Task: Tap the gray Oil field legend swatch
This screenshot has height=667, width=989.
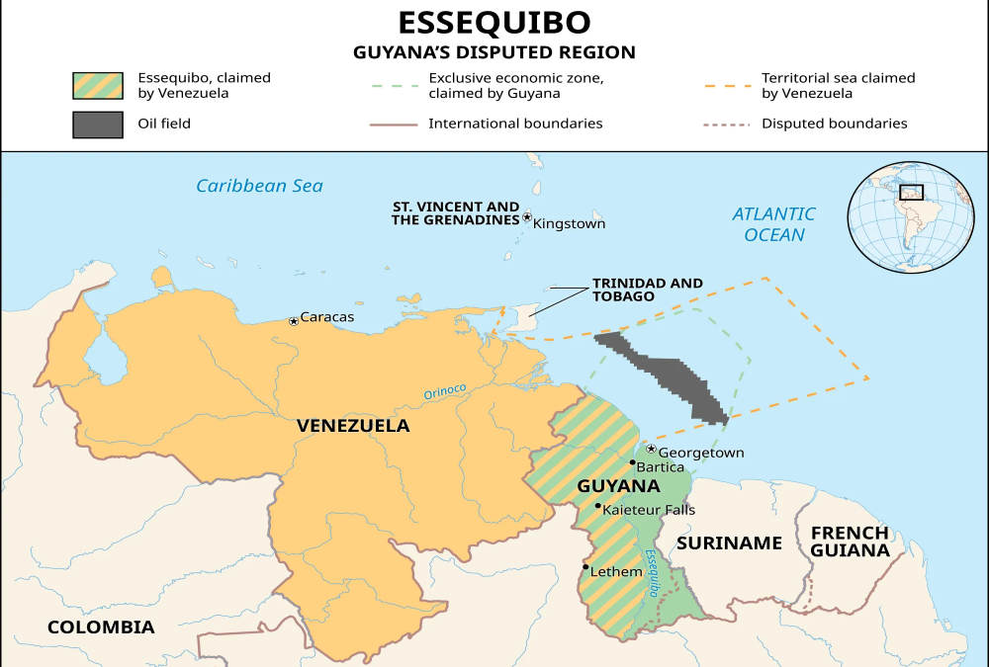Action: point(97,125)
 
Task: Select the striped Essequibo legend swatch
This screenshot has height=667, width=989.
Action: point(97,86)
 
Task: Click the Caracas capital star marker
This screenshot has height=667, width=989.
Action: point(294,321)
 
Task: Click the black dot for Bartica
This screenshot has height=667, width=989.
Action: point(632,462)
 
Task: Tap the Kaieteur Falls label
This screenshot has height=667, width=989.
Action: point(648,510)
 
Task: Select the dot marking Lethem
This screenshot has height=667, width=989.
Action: point(586,567)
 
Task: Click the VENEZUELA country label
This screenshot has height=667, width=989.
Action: point(353,426)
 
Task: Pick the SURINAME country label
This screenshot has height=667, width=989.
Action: point(730,542)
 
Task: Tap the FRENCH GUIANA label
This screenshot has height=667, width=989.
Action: point(849,542)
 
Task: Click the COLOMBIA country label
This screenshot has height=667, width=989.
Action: point(101,626)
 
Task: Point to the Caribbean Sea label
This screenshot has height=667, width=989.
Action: point(259,186)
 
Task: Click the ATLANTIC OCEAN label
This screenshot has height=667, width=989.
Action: point(773,224)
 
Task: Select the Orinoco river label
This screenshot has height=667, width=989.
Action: point(444,392)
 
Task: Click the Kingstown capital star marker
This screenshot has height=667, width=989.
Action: point(527,217)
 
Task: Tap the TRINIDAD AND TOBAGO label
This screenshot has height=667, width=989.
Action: point(647,290)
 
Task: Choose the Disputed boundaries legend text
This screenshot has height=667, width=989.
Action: point(834,124)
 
